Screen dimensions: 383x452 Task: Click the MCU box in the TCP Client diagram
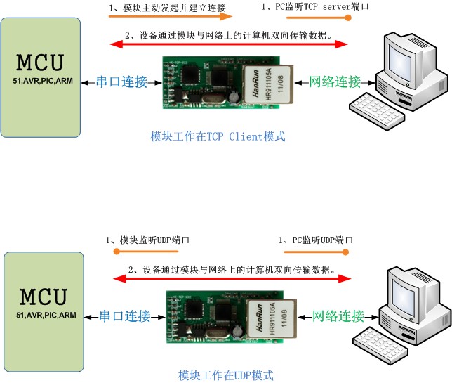[x=40, y=77]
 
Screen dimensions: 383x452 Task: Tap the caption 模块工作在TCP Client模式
[x=218, y=136]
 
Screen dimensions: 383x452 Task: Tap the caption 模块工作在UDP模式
[x=225, y=375]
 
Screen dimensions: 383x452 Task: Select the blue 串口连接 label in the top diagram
[x=122, y=82]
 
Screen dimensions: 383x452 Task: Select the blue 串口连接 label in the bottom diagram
[x=124, y=316]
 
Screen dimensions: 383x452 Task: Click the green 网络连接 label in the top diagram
[x=335, y=82]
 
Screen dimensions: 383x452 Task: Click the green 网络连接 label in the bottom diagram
[x=338, y=316]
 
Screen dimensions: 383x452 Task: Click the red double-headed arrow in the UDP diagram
[x=232, y=279]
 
